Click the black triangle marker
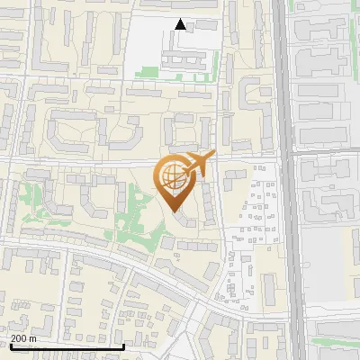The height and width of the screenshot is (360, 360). coord(181,25)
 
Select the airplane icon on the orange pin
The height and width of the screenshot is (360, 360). coord(200,163)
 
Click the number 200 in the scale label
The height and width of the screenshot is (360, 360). coord(19,339)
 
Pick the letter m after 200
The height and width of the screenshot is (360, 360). coord(32,339)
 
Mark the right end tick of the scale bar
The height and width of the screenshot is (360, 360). coord(123,345)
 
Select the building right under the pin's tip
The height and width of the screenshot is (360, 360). coord(184,220)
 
